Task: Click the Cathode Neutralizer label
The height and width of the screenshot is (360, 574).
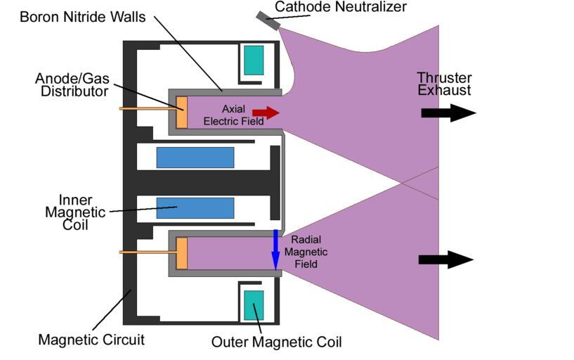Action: (x=340, y=7)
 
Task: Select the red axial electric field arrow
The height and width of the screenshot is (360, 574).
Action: (x=265, y=112)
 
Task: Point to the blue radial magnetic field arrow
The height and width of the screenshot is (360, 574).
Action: (x=276, y=249)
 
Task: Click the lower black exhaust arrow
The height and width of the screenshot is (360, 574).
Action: (x=445, y=259)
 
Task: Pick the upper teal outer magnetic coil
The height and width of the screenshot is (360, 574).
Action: (x=254, y=60)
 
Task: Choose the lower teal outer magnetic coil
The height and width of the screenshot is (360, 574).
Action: (x=254, y=307)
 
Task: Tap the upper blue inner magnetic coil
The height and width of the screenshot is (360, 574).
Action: (x=195, y=157)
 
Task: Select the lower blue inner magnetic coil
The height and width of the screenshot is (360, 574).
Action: (x=195, y=208)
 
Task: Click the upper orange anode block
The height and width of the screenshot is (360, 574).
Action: (x=181, y=112)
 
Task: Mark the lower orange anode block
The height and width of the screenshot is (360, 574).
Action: (x=181, y=253)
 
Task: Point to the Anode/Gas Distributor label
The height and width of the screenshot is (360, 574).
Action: (x=72, y=84)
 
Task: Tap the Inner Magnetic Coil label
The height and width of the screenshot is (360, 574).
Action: (x=75, y=213)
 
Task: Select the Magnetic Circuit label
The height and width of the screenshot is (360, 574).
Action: (x=91, y=340)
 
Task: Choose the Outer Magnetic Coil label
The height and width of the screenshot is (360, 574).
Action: (x=276, y=342)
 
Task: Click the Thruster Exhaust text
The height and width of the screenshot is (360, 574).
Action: (x=444, y=84)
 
